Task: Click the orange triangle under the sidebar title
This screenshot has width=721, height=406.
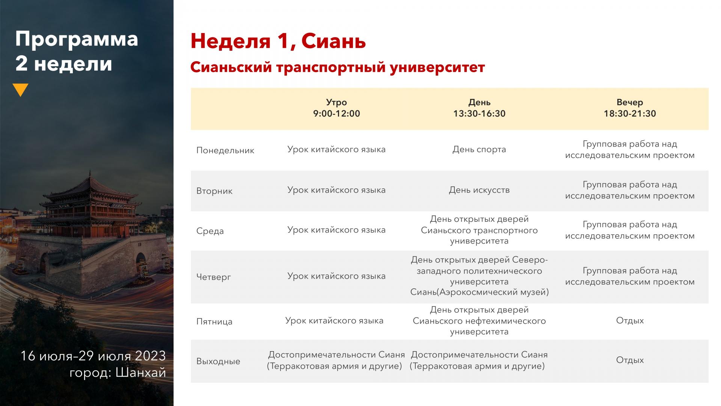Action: (20, 89)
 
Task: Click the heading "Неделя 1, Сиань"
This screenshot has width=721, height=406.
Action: (278, 41)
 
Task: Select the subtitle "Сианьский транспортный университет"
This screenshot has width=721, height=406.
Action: (338, 67)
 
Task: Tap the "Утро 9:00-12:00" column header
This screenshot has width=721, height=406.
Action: (336, 108)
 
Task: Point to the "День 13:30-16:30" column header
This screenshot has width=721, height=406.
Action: (479, 108)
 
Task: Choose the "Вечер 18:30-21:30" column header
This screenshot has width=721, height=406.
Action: (630, 108)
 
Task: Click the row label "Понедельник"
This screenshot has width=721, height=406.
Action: (225, 150)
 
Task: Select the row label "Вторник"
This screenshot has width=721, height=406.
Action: (214, 191)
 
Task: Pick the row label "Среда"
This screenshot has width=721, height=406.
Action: (210, 231)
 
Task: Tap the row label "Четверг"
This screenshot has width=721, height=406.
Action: (214, 277)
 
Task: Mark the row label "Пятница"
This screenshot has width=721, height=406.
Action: (214, 321)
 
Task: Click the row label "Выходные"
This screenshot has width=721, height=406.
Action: (218, 361)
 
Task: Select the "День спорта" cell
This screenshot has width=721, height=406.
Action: (479, 150)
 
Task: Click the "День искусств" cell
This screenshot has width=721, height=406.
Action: (479, 190)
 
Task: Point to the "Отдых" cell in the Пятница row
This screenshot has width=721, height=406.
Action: (630, 321)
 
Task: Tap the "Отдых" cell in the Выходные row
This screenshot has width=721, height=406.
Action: (630, 360)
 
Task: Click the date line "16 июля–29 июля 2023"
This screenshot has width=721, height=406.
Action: (93, 356)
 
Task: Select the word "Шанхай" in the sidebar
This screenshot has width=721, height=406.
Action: (141, 373)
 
